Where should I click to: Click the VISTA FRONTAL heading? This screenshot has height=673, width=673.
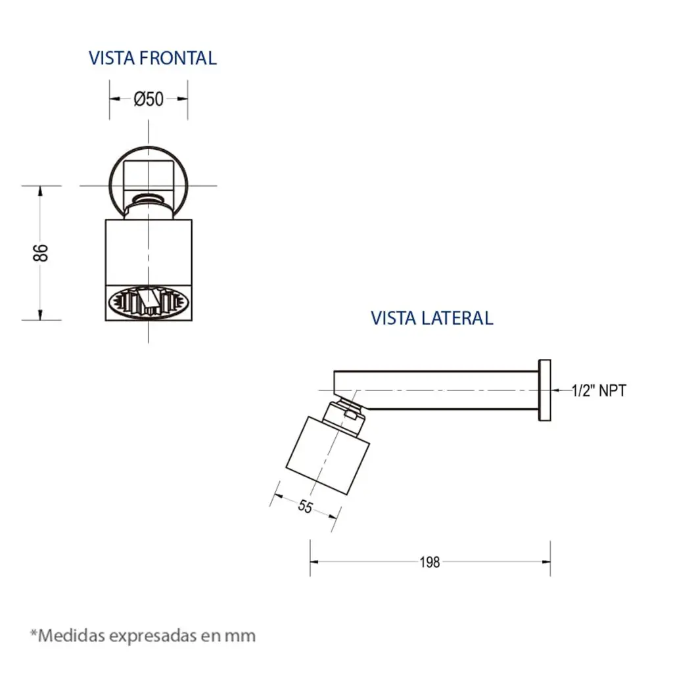coord(152,58)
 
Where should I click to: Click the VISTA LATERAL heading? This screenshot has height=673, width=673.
coord(432,318)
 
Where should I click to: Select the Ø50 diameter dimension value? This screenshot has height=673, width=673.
coord(149,99)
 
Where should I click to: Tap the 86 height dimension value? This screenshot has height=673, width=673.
coord(41,253)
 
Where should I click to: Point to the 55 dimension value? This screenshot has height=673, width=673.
coord(305,507)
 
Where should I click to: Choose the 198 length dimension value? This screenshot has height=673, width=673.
coord(430,562)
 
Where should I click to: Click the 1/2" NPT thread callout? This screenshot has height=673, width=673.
coord(599,390)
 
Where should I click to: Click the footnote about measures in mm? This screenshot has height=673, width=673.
coord(143,636)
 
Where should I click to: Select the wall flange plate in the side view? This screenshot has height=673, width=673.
coord(545,390)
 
